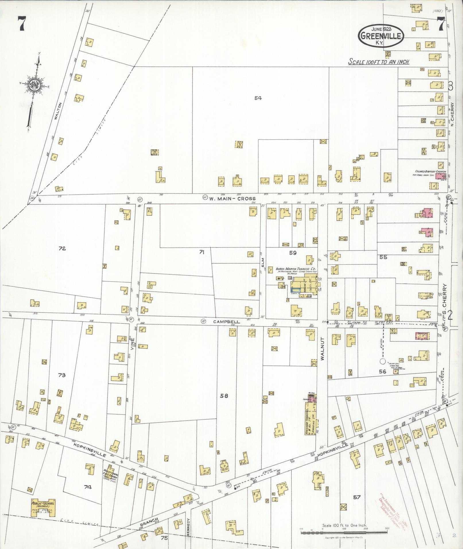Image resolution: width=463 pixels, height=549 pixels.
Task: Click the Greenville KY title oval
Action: (381, 36)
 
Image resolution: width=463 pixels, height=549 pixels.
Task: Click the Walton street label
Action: (60, 111)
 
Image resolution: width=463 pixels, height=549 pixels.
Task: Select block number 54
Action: (258, 98)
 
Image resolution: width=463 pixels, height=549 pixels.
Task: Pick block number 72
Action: (62, 249)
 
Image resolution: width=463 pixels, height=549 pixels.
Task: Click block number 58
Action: (224, 396)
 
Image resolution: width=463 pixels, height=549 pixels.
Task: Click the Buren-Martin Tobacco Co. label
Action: (296, 269)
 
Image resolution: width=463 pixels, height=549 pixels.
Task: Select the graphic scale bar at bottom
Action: (344, 532)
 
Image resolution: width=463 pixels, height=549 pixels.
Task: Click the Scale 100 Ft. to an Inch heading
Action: (379, 62)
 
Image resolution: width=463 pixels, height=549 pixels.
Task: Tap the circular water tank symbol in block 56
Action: (382, 361)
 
